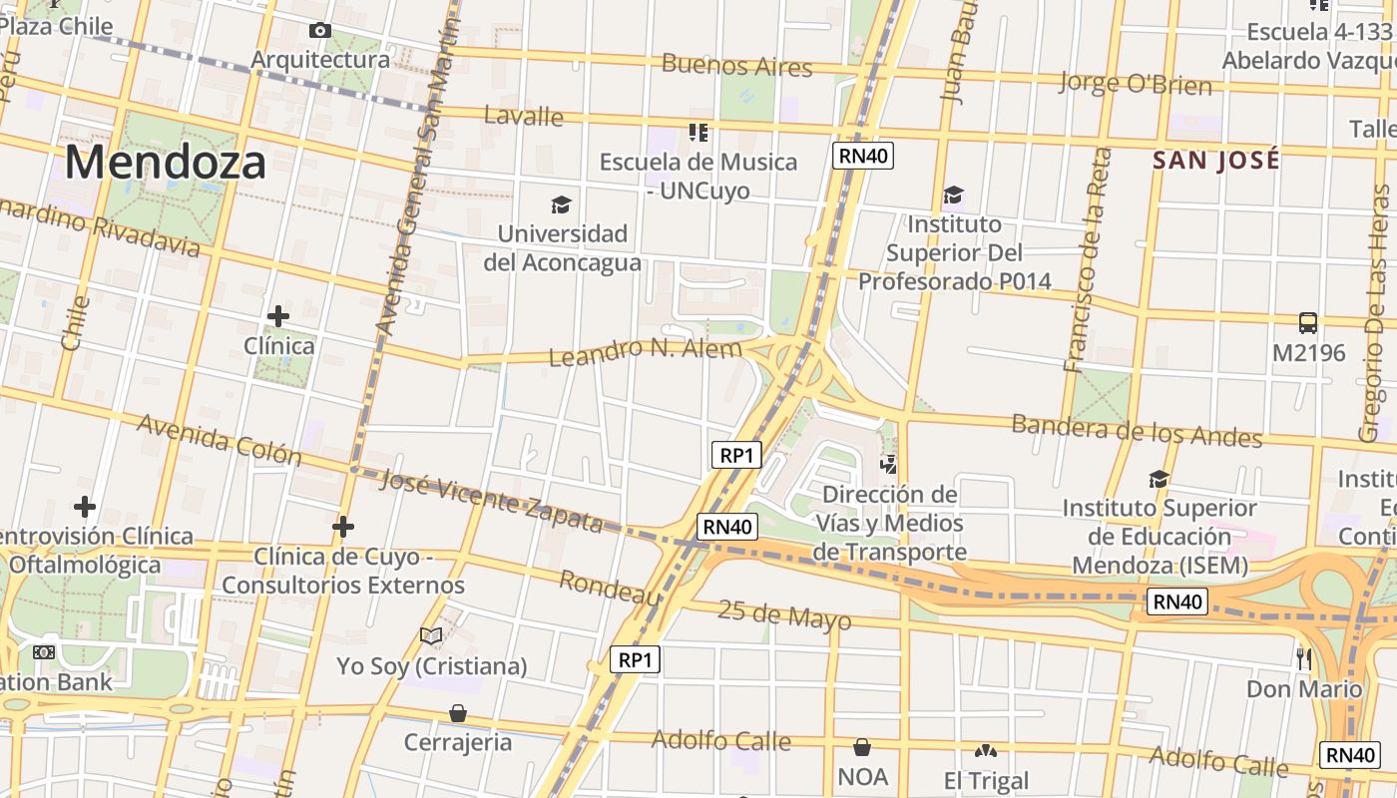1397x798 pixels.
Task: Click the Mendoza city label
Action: pos(166,163)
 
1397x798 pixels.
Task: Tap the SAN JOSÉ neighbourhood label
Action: pos(1215,160)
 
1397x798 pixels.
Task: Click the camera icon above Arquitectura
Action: pos(319,31)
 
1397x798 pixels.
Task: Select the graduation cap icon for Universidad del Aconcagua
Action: pos(561,204)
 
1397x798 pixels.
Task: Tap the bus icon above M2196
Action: pos(1307,322)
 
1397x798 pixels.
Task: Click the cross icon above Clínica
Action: pos(278,316)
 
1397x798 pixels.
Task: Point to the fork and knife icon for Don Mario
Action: pos(1303,657)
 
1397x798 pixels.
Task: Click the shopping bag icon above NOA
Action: pos(862,747)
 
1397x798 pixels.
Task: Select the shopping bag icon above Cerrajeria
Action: pos(457,713)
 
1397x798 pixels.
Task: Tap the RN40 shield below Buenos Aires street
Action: pos(863,155)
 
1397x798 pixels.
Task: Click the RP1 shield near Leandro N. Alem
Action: pos(736,455)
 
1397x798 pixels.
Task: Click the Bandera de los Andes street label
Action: pos(1137,430)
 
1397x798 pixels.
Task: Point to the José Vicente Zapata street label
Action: pos(493,501)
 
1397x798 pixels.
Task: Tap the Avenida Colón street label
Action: pos(219,439)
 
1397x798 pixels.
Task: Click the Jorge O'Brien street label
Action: pos(1135,83)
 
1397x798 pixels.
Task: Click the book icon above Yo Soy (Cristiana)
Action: pos(431,635)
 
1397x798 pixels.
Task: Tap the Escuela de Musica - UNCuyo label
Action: pos(698,175)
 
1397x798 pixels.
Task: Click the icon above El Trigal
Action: pos(986,750)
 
